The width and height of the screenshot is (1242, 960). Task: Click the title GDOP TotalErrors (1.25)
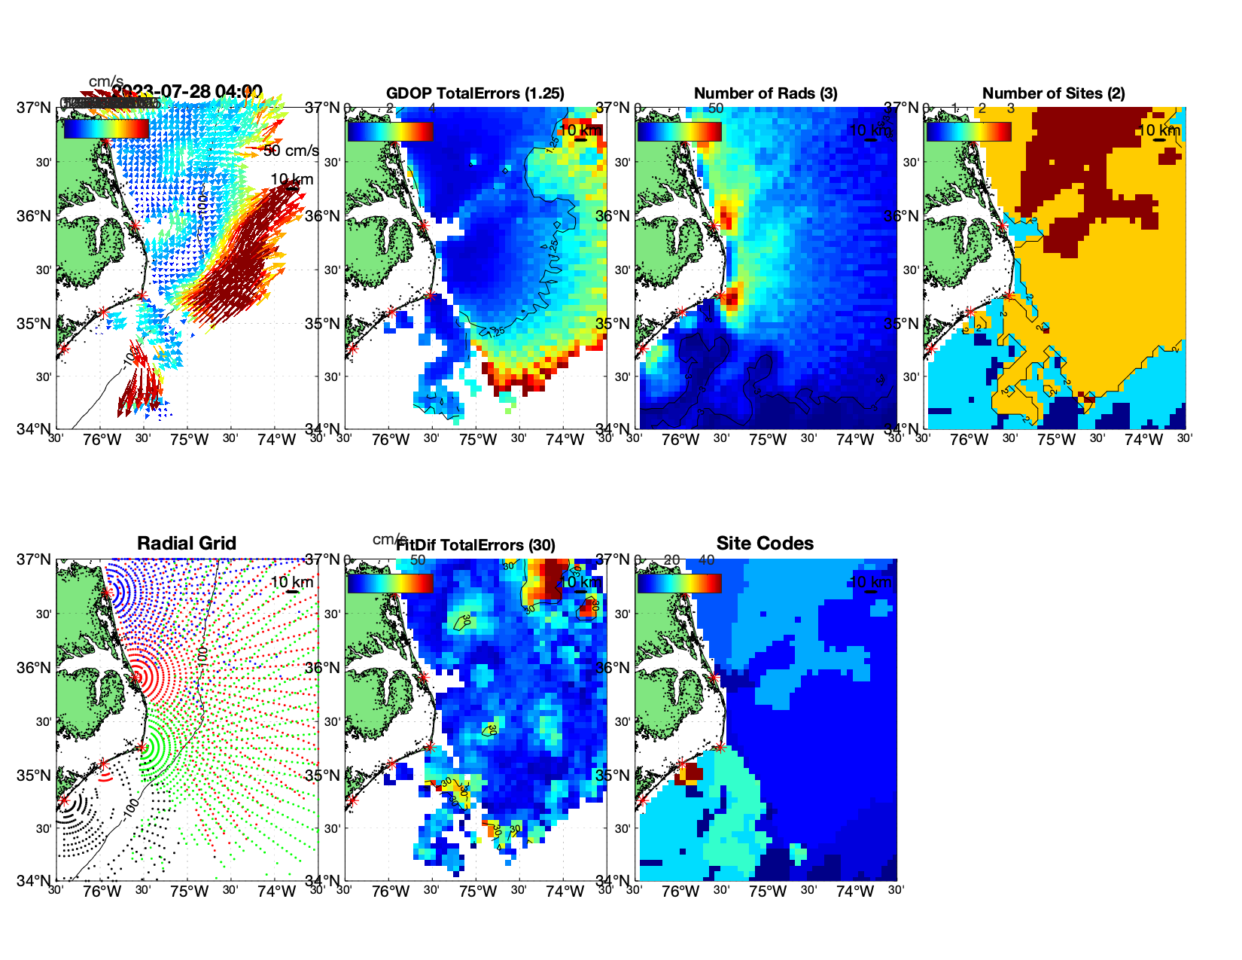(x=475, y=93)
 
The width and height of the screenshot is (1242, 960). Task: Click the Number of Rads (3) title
(x=766, y=93)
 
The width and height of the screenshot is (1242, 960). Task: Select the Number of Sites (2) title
(x=1054, y=93)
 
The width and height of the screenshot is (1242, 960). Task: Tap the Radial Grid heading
(x=187, y=544)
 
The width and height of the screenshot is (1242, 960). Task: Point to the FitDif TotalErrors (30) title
(x=476, y=545)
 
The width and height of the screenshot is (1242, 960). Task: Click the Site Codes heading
(x=765, y=544)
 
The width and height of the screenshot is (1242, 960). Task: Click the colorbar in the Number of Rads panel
(x=679, y=131)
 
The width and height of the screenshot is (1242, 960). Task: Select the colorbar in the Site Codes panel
(x=679, y=583)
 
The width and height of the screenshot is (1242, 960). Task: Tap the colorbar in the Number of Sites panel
(x=968, y=131)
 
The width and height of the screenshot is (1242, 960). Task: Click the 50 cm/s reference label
(x=291, y=151)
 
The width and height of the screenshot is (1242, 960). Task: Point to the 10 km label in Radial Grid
(x=291, y=582)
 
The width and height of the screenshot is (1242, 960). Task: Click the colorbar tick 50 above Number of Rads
(x=715, y=108)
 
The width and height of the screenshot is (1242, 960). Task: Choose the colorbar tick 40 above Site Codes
(x=706, y=560)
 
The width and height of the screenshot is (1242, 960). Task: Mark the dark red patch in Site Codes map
(x=693, y=773)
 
